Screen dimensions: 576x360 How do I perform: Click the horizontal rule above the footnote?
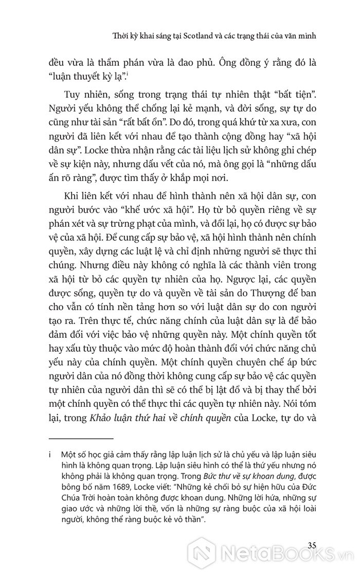80,439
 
